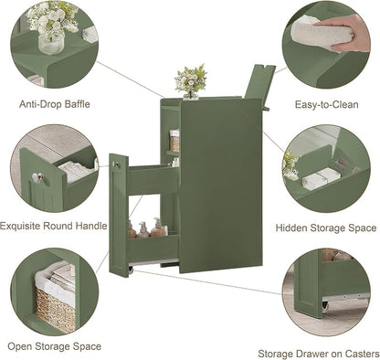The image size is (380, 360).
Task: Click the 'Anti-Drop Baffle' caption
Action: click(x=55, y=104)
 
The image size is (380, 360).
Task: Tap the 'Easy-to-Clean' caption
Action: click(x=326, y=105)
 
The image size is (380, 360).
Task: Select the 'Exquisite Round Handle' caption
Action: click(x=54, y=226)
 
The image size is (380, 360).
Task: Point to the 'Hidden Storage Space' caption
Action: click(x=326, y=228)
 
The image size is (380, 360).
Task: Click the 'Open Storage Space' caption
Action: click(x=54, y=346)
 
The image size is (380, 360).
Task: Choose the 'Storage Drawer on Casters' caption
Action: click(x=319, y=354)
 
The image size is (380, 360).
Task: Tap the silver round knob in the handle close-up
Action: click(x=38, y=177)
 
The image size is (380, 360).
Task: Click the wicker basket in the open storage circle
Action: click(x=56, y=309)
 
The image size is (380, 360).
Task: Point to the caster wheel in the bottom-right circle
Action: click(x=325, y=305)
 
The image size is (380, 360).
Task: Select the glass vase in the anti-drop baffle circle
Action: click(x=51, y=43)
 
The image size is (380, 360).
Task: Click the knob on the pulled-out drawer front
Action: click(x=116, y=164)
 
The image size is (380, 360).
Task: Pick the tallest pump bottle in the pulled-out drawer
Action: click(x=157, y=228)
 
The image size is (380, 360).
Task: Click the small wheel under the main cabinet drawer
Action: click(x=131, y=270)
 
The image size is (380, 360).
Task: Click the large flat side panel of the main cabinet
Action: click(x=221, y=185)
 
